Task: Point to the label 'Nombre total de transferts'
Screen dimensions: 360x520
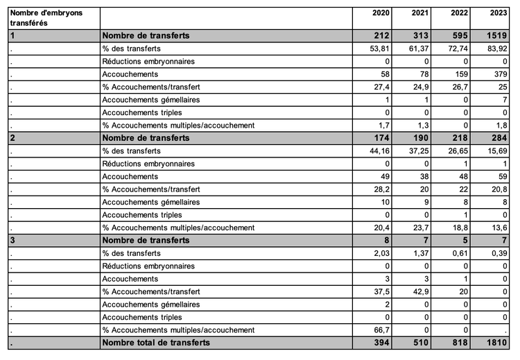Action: coord(155,343)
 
